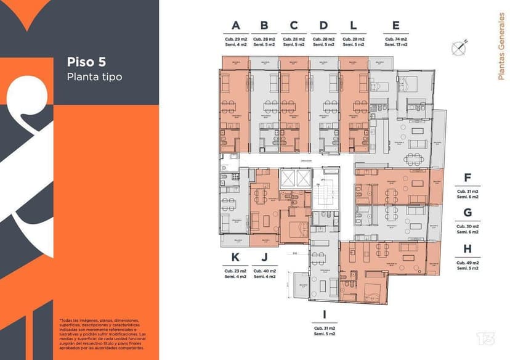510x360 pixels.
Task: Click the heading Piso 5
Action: coord(86,62)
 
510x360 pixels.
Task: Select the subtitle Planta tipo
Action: coord(94,76)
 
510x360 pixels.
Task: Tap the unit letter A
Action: coord(235,25)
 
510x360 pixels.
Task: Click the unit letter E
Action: coord(395,25)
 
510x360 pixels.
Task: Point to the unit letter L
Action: coord(353,25)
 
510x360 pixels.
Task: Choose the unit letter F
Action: coord(467,179)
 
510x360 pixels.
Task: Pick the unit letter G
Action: coord(467,213)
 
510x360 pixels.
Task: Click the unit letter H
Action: coord(467,248)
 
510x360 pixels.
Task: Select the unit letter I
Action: coord(324,314)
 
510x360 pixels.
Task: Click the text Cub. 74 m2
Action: coord(395,39)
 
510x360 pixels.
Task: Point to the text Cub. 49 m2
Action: coord(467,263)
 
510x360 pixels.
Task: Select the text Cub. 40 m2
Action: coord(264,271)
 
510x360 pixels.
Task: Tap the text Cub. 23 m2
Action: coord(235,271)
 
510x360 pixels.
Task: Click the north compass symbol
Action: coord(459,46)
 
